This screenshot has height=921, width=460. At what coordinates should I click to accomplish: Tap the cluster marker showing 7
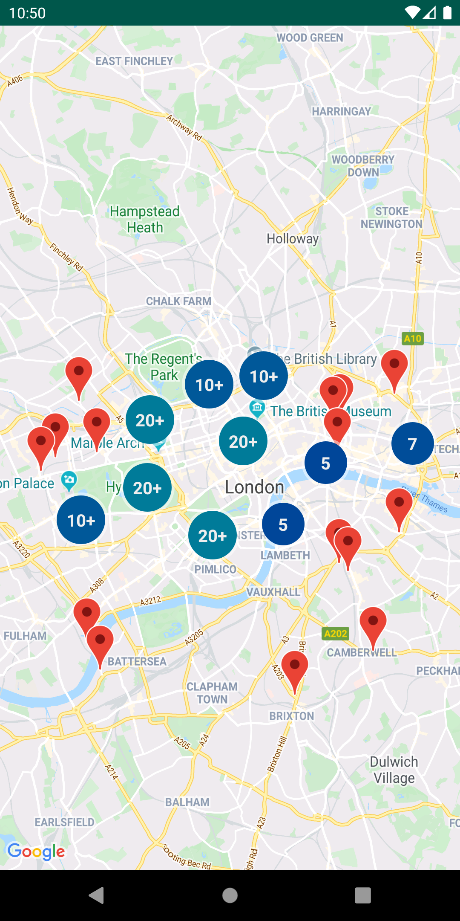[412, 444]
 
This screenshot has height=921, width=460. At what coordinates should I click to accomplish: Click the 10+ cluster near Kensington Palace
[81, 520]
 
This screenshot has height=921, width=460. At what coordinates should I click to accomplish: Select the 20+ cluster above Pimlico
[212, 536]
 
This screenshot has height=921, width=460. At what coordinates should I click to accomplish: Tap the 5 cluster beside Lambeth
[283, 524]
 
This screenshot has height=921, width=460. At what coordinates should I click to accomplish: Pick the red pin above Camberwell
[373, 623]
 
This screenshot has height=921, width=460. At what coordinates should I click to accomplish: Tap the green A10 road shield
[412, 339]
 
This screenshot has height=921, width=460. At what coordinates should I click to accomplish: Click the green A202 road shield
[335, 634]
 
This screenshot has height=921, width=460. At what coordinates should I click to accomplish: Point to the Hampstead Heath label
[145, 219]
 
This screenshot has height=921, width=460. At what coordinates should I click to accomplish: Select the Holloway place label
[293, 239]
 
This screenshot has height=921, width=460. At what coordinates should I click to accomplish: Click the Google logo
[36, 851]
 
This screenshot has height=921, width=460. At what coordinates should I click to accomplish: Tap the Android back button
[97, 895]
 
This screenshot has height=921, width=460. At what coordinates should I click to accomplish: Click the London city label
[254, 487]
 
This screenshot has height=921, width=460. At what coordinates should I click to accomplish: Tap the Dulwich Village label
[394, 770]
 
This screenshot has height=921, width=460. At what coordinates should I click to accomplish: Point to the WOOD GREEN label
[310, 38]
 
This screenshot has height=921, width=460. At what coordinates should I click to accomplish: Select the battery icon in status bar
[447, 13]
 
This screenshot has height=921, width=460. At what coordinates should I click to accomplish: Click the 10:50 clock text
[27, 13]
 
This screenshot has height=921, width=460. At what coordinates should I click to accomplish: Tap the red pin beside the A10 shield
[394, 367]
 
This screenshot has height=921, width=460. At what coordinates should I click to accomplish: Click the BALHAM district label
[187, 802]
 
